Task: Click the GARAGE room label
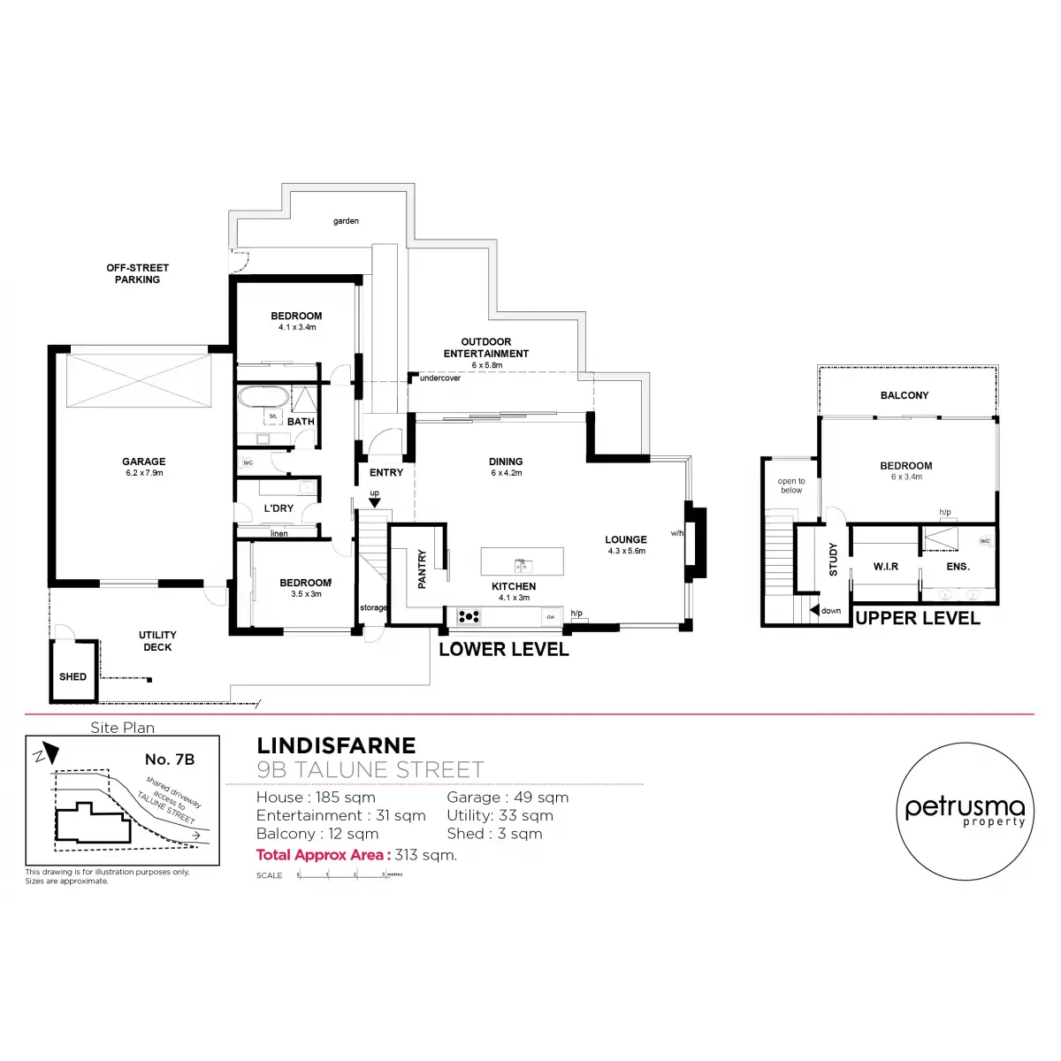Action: [x=143, y=462]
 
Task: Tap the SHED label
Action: [x=73, y=677]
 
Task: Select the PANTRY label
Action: [x=422, y=569]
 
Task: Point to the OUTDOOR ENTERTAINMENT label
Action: [x=486, y=347]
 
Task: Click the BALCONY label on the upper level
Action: [x=905, y=395]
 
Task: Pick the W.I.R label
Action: [x=886, y=567]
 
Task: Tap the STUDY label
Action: [x=833, y=560]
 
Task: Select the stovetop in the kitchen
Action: [x=469, y=616]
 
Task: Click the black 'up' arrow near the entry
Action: [x=374, y=502]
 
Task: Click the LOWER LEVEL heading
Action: [x=504, y=650]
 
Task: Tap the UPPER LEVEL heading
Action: [x=918, y=619]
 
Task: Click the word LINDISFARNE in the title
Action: [x=336, y=746]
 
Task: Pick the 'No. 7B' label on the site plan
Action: [x=170, y=759]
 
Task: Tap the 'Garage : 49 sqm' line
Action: [x=508, y=798]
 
